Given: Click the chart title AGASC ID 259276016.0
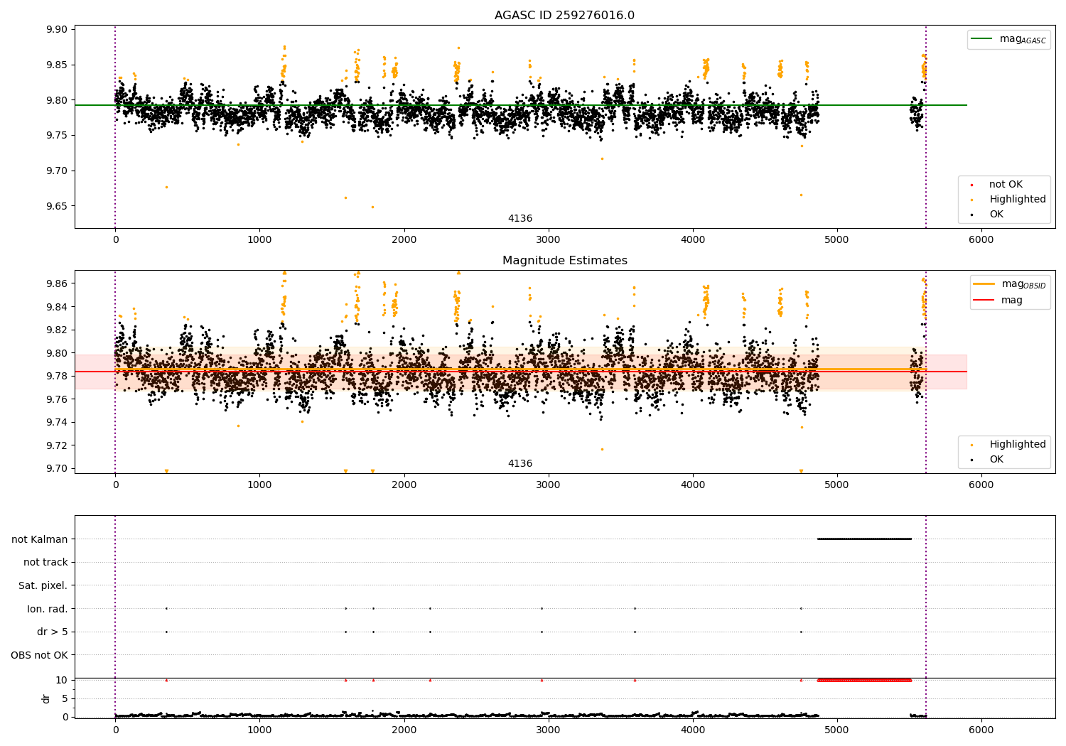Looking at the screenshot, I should point(564,16).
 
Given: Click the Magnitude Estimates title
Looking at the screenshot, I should point(564,261).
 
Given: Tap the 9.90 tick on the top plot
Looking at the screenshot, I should point(57,30).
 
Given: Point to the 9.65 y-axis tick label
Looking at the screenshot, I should point(57,206).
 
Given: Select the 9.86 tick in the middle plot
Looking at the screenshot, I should point(57,283).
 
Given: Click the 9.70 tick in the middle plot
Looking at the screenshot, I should point(57,468).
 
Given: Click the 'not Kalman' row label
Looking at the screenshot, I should point(40,539).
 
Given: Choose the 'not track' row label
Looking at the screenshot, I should point(45,562).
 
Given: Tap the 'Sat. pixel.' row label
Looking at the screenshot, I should point(43,585).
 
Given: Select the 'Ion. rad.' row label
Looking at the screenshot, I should point(48,609).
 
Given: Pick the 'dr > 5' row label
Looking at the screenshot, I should point(53,632).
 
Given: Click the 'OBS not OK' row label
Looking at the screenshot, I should point(39,655).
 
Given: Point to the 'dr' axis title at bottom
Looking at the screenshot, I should point(46,698).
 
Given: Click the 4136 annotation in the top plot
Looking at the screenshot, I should point(519,219).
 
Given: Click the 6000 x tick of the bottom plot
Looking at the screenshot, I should point(981,730).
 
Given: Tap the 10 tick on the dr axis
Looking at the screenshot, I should point(62,680).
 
